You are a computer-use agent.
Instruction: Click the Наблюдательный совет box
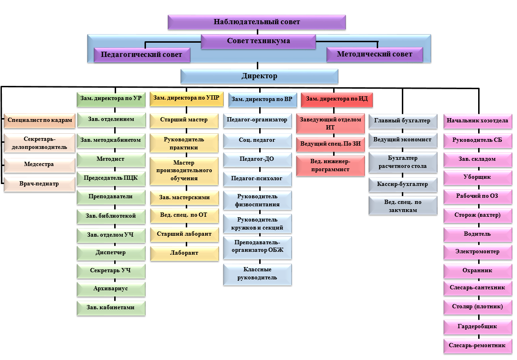point(256,22)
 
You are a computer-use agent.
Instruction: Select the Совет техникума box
point(258,41)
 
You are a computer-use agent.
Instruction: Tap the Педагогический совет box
point(142,55)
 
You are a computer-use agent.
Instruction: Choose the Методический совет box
point(374,55)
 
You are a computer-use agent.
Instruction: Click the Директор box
point(259,76)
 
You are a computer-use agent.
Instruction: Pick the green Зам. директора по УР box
point(111,99)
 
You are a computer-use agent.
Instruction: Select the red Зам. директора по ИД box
point(337,99)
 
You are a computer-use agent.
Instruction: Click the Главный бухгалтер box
point(403,121)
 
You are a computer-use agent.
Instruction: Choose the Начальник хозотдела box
point(478,121)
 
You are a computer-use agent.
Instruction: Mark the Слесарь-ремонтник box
point(478,345)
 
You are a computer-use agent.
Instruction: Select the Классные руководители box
point(257,274)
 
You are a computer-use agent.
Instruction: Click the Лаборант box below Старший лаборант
point(184,253)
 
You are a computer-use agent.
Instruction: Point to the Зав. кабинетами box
point(111,307)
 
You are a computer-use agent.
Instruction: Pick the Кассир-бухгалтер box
point(403,184)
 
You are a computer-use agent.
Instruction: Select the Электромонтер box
point(478,251)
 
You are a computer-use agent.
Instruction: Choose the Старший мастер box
point(184,120)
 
